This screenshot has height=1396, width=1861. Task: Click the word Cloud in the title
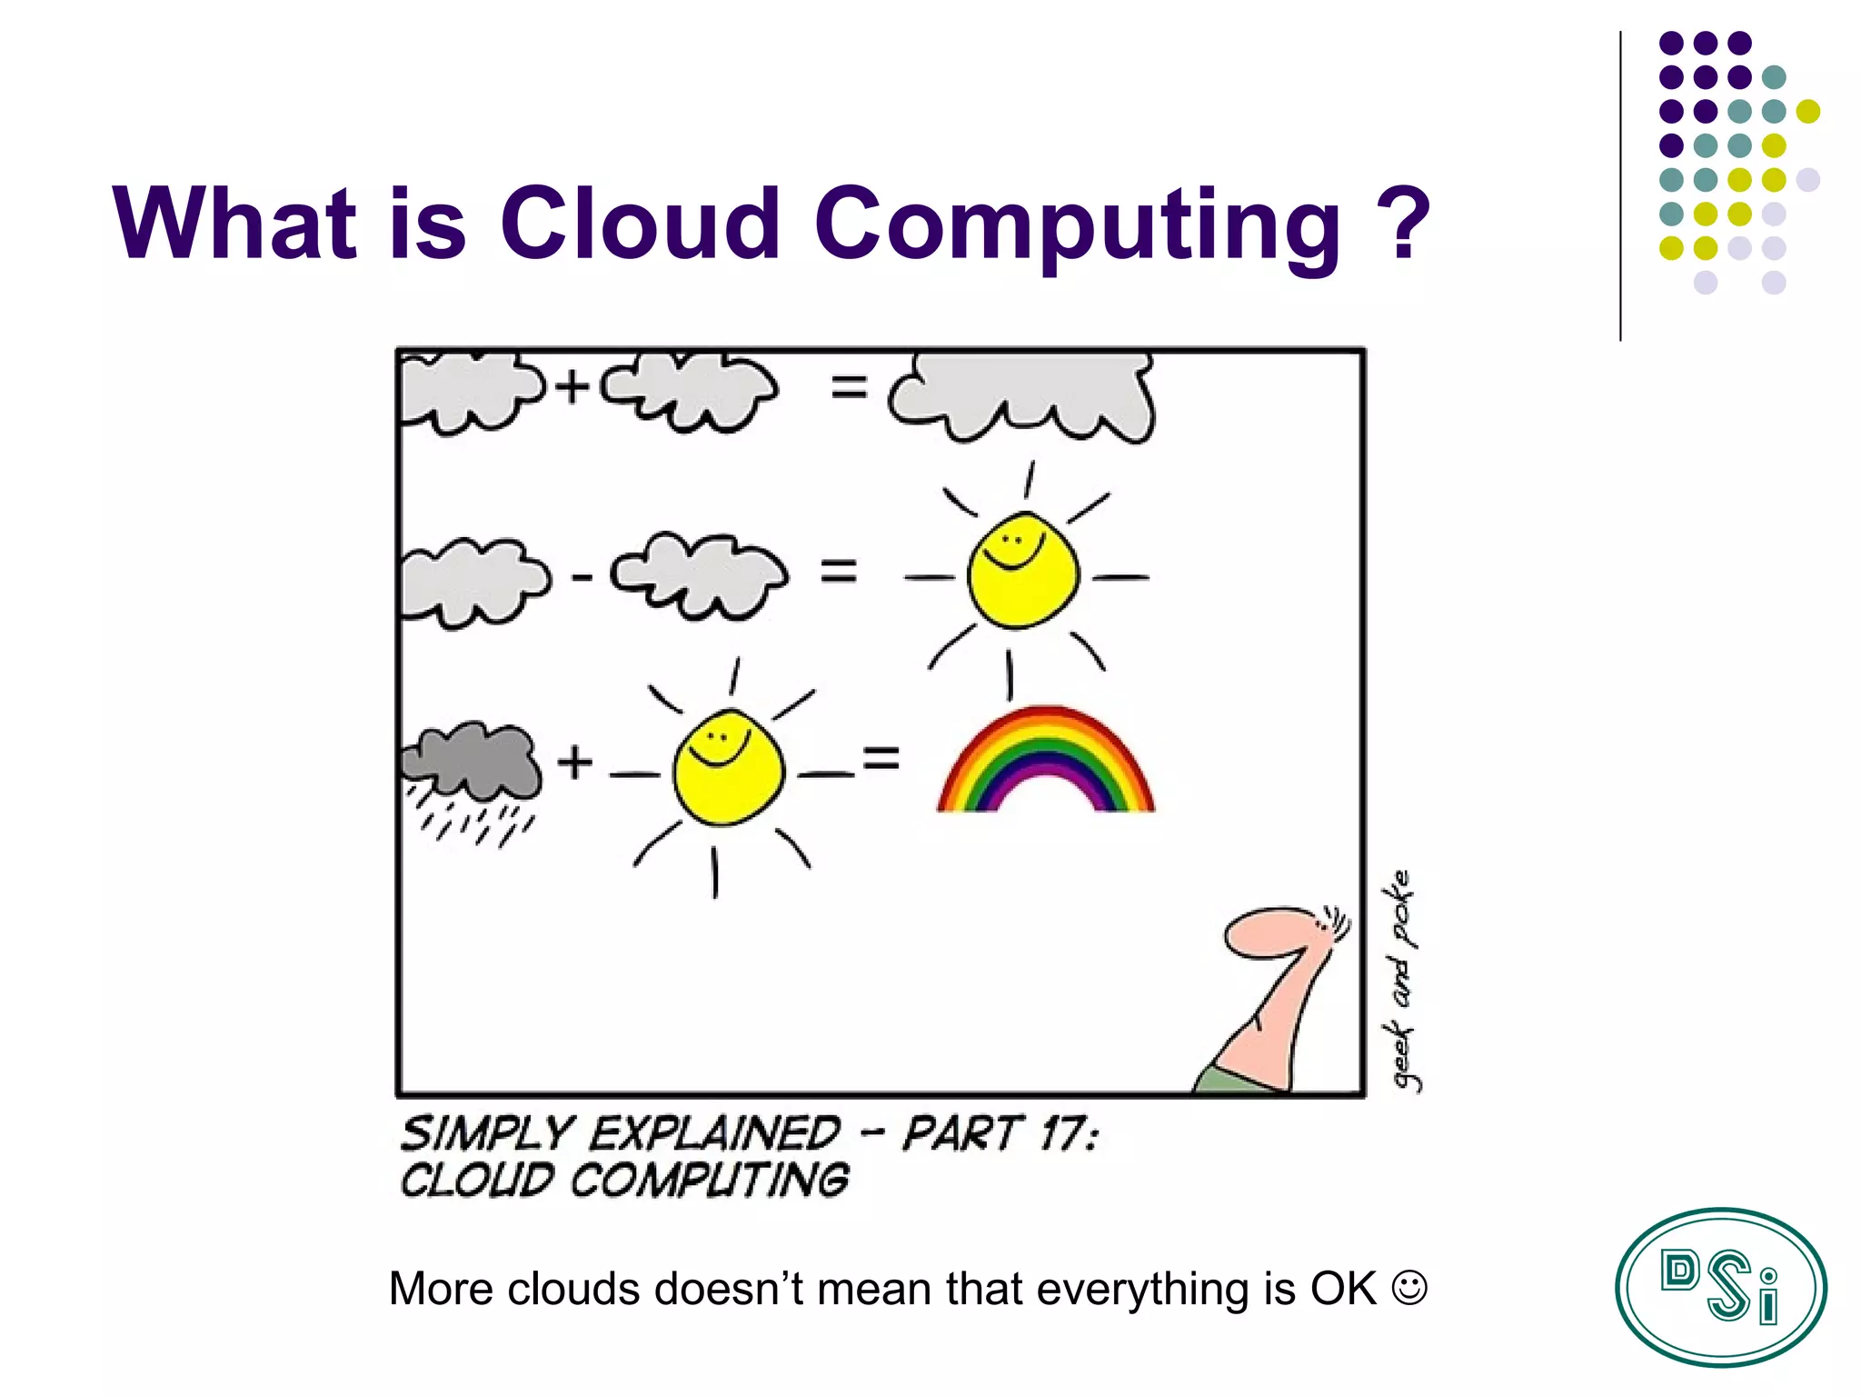tap(640, 224)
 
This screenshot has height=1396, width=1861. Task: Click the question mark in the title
tap(1403, 224)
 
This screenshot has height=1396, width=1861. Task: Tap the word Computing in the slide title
tap(1077, 227)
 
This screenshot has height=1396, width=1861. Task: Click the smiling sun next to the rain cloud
tap(727, 768)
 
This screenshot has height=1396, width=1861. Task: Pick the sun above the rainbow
tap(1023, 571)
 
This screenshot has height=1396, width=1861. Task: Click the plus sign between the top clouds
tap(572, 387)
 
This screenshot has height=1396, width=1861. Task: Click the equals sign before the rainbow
tap(881, 758)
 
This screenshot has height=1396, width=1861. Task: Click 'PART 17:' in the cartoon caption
tap(1000, 1134)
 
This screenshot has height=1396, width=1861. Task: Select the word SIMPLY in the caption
tap(487, 1134)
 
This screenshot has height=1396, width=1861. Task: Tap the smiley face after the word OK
tap(1409, 1288)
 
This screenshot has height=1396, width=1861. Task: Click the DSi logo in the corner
tap(1720, 1287)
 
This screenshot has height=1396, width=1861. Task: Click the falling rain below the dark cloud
tap(473, 823)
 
